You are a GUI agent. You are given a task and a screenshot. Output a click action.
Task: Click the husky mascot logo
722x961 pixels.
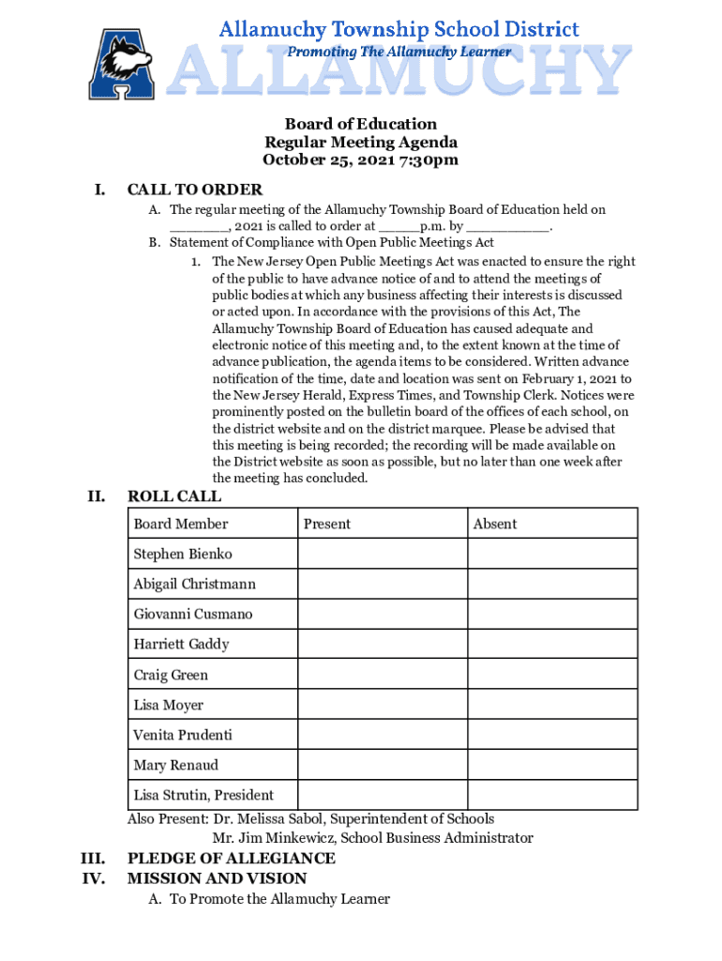click(x=121, y=64)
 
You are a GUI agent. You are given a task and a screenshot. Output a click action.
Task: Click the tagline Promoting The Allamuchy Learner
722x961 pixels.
click(x=399, y=52)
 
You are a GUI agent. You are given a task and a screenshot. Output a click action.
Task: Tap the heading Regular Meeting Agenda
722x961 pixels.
click(x=361, y=142)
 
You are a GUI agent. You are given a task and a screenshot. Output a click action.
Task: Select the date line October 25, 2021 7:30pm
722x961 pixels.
click(x=361, y=160)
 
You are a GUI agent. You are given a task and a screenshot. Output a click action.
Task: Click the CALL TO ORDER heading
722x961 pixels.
click(x=194, y=191)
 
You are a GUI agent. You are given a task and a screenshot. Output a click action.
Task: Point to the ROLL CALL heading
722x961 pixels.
click(x=174, y=496)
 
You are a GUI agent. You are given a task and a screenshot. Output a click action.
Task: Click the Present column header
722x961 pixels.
click(x=326, y=524)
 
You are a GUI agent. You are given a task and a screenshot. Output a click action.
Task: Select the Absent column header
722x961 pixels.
click(x=495, y=524)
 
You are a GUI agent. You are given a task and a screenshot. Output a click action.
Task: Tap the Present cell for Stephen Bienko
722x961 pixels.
click(x=382, y=554)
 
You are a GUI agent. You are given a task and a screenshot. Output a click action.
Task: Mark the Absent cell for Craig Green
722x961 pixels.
click(x=552, y=675)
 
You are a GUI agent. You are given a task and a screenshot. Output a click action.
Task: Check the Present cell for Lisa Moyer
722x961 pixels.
click(x=382, y=705)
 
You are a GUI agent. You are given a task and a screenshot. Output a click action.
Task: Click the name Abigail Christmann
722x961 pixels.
click(x=194, y=584)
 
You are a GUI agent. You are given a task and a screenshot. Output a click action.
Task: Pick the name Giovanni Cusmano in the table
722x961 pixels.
click(x=192, y=614)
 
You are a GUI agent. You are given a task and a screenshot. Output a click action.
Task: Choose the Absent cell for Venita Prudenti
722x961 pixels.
click(x=552, y=735)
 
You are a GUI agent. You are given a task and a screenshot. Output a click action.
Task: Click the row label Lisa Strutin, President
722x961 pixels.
click(x=203, y=795)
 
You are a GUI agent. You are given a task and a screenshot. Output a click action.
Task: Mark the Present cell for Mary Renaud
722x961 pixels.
click(x=382, y=765)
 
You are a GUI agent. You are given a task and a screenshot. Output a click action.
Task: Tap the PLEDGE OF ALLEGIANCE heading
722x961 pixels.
click(x=231, y=858)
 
